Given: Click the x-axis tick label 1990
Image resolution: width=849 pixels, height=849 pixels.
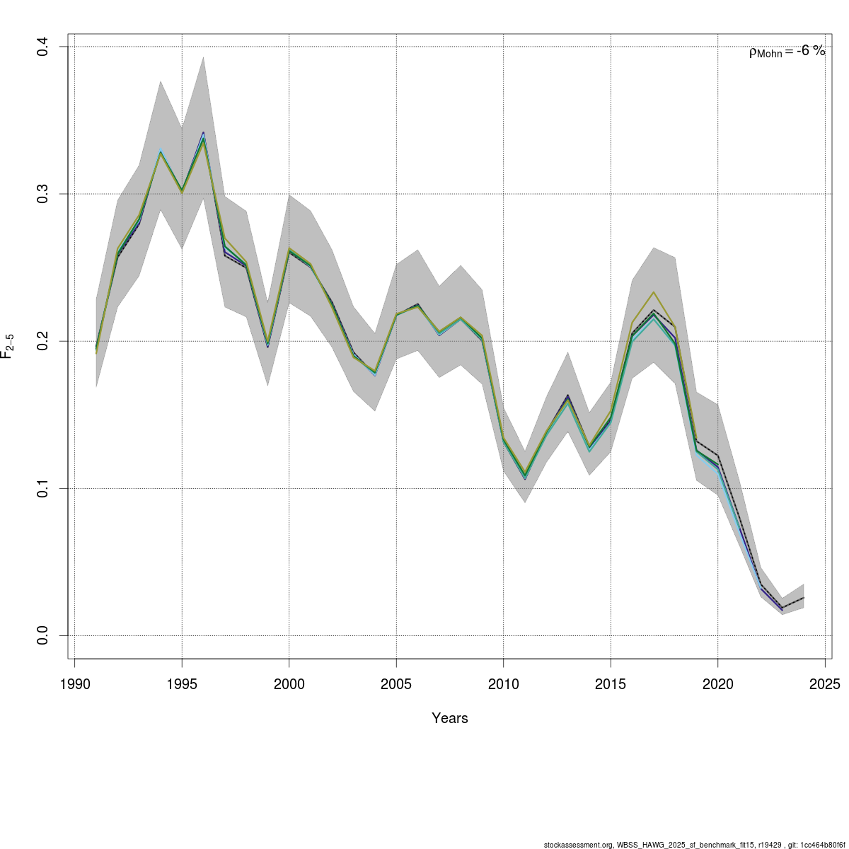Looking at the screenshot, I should pos(74,684).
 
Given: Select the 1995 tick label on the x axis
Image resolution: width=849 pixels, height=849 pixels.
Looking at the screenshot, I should pos(182,684).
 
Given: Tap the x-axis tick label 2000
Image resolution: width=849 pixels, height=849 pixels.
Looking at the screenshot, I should pos(289,684).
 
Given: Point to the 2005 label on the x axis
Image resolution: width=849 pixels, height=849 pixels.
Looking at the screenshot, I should pos(396,684).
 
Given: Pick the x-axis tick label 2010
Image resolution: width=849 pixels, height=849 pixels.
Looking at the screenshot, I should pos(503,684).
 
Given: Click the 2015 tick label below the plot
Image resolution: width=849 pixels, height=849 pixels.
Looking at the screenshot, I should pos(611,684).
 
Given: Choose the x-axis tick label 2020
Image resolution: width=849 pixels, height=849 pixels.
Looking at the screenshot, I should pos(717,684).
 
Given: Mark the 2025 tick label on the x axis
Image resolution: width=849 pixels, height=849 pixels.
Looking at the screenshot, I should pos(825,684).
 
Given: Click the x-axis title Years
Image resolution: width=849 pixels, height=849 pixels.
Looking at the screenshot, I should pos(450,718).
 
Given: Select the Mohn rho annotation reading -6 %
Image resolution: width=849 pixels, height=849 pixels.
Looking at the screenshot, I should pos(787,52).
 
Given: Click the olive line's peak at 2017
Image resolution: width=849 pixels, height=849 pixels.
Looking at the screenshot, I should pos(654,292).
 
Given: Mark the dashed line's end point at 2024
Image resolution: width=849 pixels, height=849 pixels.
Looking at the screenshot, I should pos(804,598).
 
